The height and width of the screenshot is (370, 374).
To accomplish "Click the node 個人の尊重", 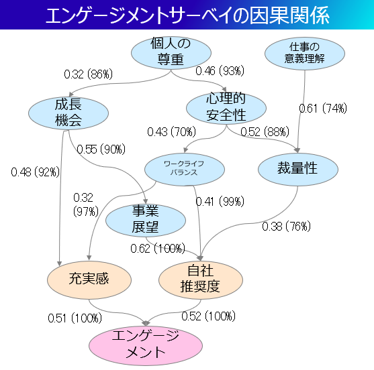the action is (171, 53).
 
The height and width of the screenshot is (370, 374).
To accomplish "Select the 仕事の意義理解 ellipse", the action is (305, 54).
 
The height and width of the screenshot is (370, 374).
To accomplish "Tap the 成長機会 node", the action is (68, 113).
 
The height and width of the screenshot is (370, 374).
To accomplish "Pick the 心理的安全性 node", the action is (226, 109).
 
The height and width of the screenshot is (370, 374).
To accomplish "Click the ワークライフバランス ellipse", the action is (185, 170).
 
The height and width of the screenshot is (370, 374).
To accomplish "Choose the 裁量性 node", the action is (298, 170).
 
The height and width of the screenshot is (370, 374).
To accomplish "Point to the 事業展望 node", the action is (146, 221).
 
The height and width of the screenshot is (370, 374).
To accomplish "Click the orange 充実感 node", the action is (89, 280).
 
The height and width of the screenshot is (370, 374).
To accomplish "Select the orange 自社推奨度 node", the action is (201, 280).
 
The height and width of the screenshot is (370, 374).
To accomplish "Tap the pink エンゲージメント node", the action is (146, 345).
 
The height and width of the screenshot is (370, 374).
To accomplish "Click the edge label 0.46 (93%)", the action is (220, 71).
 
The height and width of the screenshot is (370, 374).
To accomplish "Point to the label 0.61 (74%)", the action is (323, 109).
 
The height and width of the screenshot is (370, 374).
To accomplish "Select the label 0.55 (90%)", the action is (101, 149).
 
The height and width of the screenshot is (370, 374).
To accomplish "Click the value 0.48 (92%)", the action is (36, 172).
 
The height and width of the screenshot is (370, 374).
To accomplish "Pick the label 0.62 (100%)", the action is (158, 248).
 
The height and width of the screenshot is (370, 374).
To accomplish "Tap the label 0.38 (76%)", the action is (287, 226).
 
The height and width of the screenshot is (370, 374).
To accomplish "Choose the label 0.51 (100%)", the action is (75, 318).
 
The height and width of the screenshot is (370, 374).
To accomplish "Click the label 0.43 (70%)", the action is (171, 131).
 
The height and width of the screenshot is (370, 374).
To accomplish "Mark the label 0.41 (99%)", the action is (220, 202).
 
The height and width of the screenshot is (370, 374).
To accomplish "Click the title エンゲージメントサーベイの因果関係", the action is (187, 15).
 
